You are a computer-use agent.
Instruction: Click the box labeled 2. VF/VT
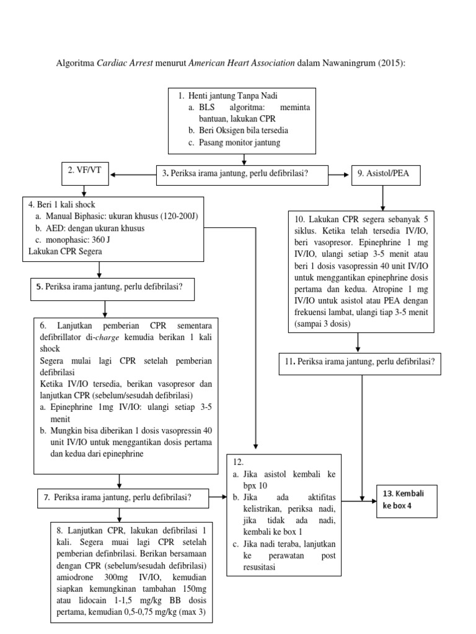coord(85,175)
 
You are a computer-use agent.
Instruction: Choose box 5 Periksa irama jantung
coord(113,287)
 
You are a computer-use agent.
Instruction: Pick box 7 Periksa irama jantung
coord(122,497)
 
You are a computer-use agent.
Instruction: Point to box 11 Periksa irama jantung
coord(360,363)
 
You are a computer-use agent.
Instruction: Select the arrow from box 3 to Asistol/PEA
coord(338,175)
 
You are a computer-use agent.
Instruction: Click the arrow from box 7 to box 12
coord(214,497)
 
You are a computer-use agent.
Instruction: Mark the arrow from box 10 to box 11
coord(358,342)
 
